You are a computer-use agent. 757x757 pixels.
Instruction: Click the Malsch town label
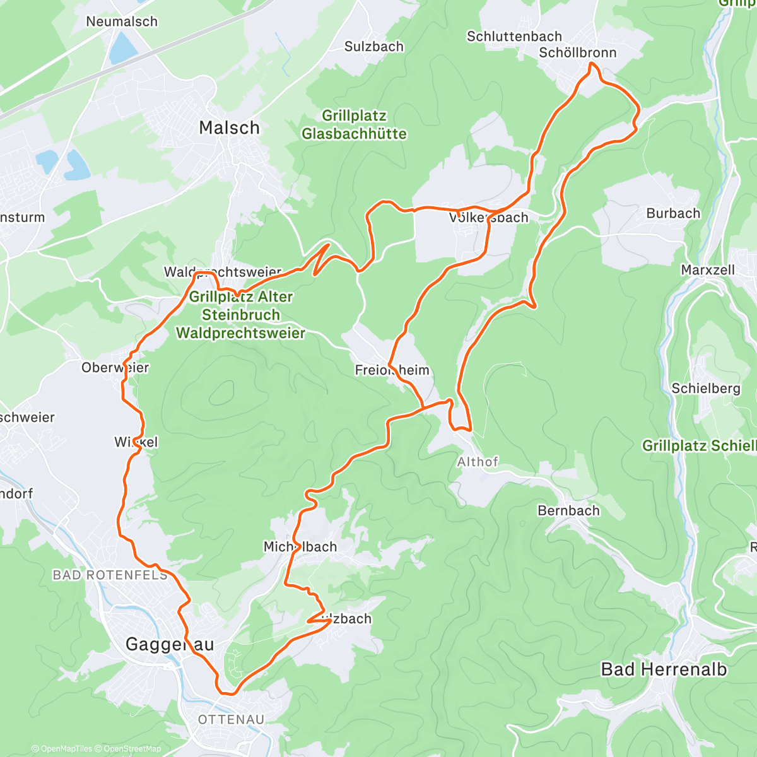click(229, 128)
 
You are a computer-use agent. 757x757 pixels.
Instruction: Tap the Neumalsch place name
click(122, 21)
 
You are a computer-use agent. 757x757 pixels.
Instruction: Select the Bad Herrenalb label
click(664, 669)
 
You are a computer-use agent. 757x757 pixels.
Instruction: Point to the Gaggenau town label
click(170, 645)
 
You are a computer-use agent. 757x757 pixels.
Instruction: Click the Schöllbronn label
click(577, 53)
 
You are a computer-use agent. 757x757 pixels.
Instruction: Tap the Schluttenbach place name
click(514, 37)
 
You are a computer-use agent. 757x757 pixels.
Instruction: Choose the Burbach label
click(673, 213)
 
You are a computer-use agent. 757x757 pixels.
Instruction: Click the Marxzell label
click(708, 270)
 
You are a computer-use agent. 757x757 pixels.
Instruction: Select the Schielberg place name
click(706, 389)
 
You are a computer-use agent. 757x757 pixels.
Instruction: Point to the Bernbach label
click(568, 511)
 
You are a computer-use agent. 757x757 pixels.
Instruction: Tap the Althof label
click(478, 462)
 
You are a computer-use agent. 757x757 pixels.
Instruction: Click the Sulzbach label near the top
click(373, 47)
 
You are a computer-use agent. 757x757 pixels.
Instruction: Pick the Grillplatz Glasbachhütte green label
click(354, 125)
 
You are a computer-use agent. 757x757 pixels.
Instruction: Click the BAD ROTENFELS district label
click(110, 575)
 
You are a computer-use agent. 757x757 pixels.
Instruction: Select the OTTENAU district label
click(231, 720)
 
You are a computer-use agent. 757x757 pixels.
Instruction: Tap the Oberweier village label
click(115, 368)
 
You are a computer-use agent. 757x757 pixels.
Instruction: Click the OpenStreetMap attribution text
click(132, 749)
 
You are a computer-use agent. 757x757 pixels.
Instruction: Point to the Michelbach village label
click(300, 547)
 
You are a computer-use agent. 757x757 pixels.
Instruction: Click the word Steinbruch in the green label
click(240, 315)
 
